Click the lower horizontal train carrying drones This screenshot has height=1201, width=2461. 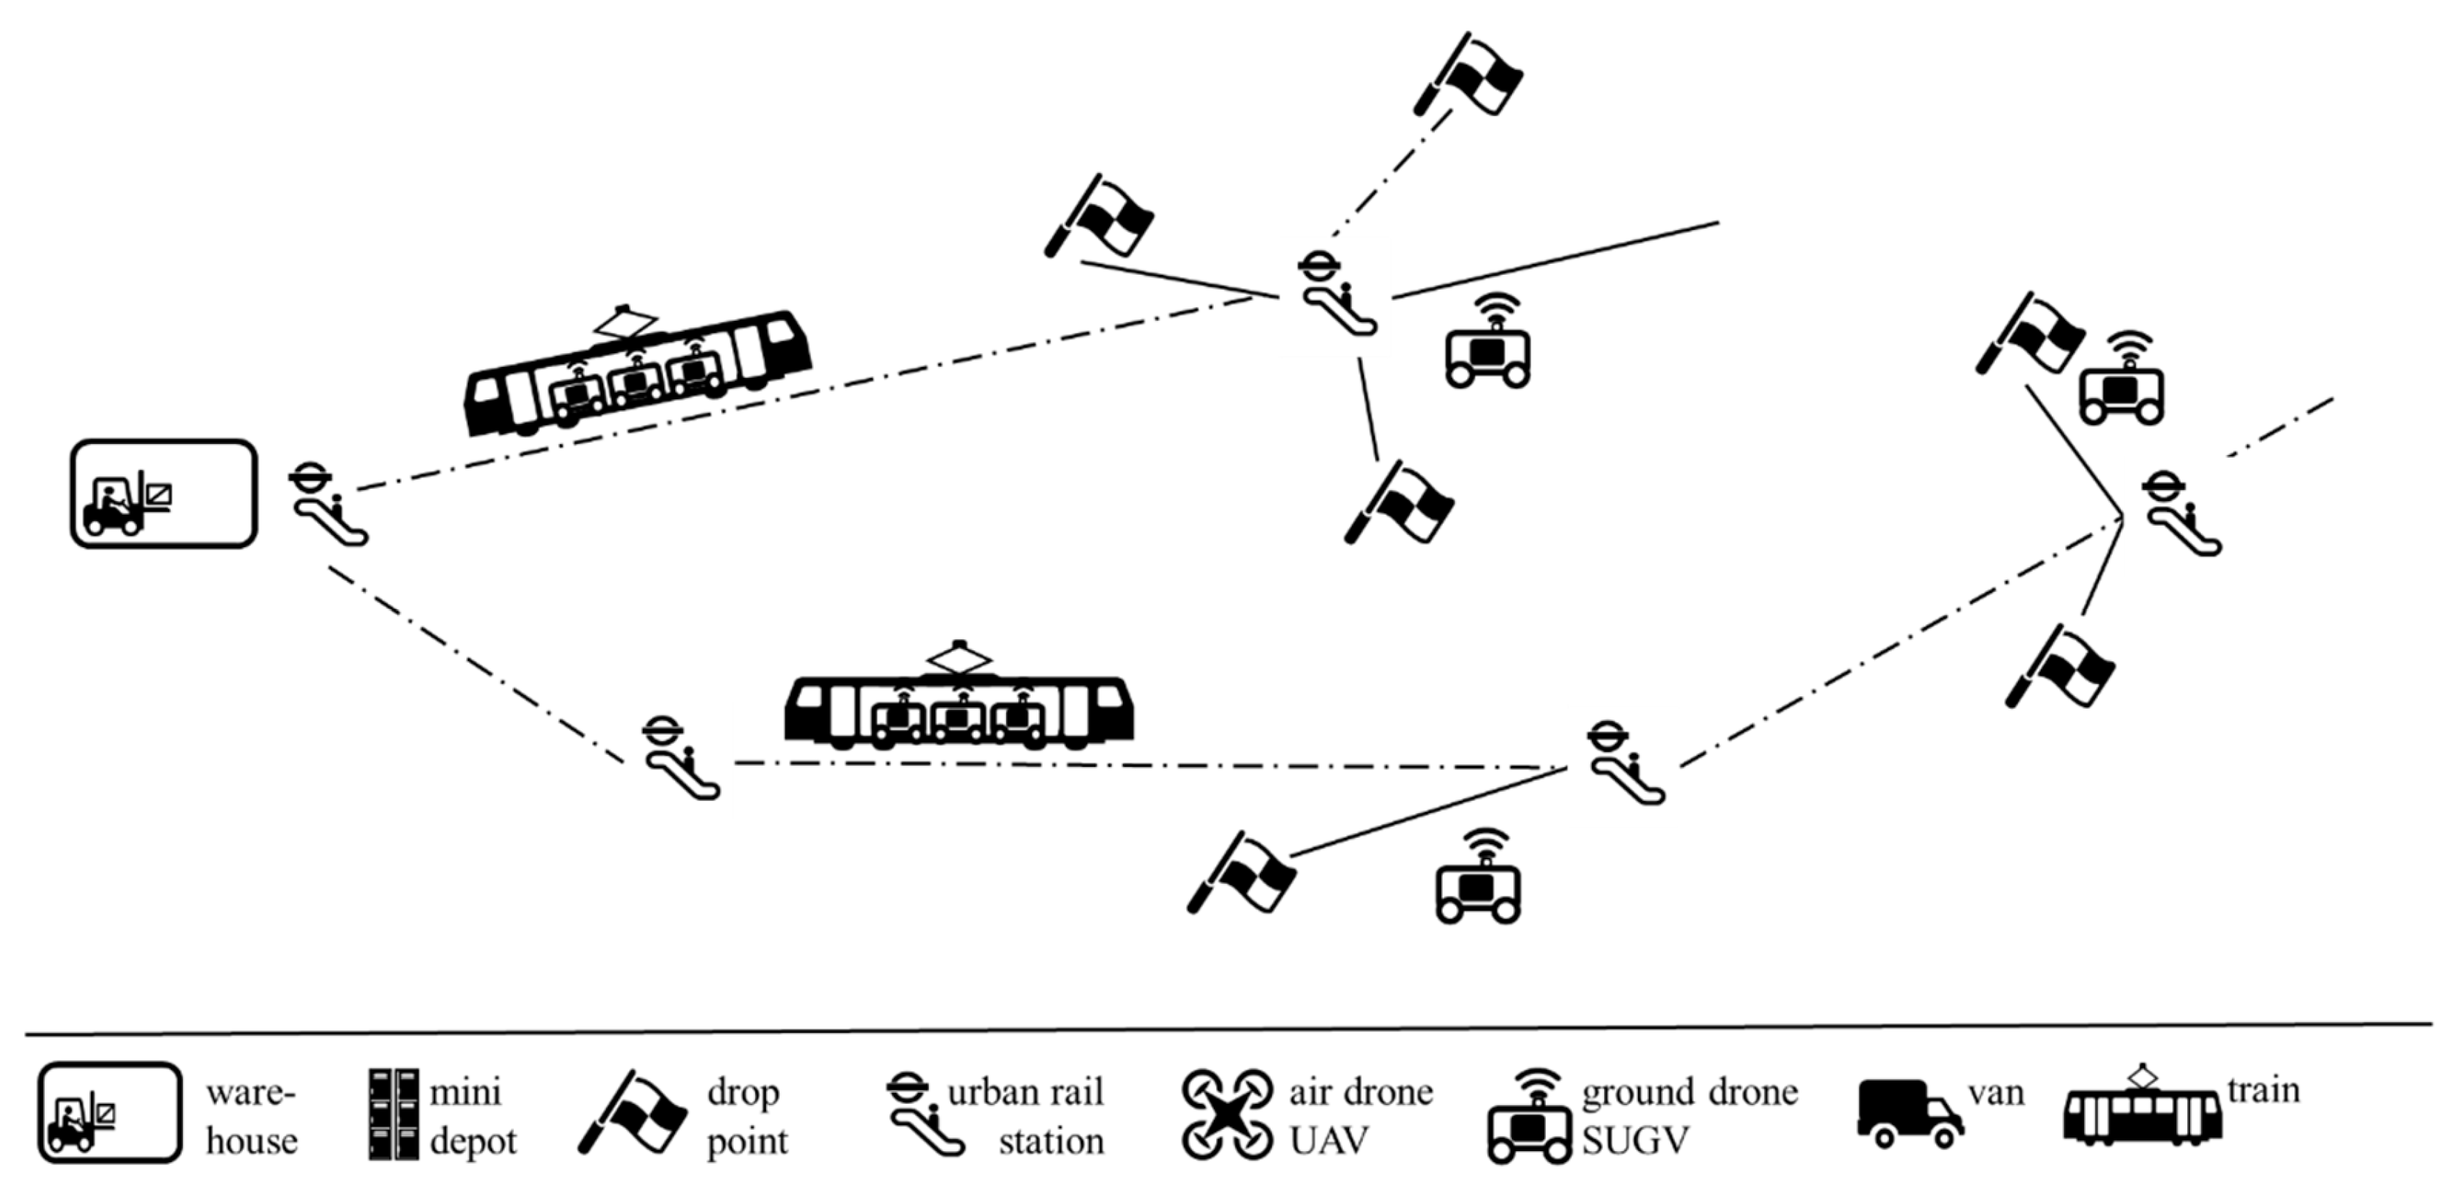tap(958, 712)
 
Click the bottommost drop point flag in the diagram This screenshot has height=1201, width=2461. tap(1241, 872)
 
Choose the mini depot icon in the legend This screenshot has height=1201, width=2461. tap(393, 1114)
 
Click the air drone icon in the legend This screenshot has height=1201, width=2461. tap(1228, 1114)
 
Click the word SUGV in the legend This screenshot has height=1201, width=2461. tap(1636, 1140)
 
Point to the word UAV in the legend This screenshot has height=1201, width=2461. tap(1330, 1140)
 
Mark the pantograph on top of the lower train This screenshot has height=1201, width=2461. tap(959, 657)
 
